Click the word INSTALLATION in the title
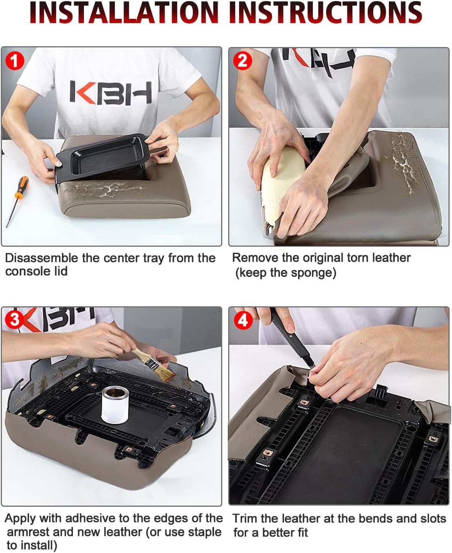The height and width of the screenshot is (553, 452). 123,12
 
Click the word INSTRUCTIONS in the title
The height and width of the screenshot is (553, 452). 326,12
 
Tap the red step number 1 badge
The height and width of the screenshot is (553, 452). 15,61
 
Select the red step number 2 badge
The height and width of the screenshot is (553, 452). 242,61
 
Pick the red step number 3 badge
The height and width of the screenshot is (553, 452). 15,320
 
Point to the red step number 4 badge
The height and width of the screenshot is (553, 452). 243,320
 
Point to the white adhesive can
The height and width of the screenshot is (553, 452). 115,405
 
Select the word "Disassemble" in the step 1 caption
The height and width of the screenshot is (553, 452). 42,258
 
